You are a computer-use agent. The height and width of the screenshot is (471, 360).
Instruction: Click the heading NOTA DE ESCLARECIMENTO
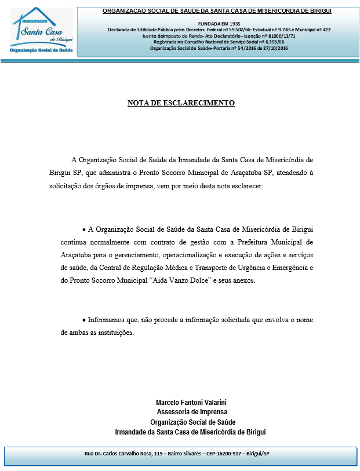coord(181,103)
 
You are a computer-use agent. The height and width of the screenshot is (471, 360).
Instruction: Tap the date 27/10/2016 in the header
coord(272,49)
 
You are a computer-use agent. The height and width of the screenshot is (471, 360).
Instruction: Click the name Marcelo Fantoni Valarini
coord(190,402)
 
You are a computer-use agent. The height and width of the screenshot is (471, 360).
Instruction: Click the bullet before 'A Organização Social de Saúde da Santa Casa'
coord(84,229)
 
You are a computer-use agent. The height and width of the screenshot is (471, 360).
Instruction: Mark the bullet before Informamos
coord(84,320)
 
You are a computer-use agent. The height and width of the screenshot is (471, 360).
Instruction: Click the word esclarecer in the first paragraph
coord(245,185)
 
